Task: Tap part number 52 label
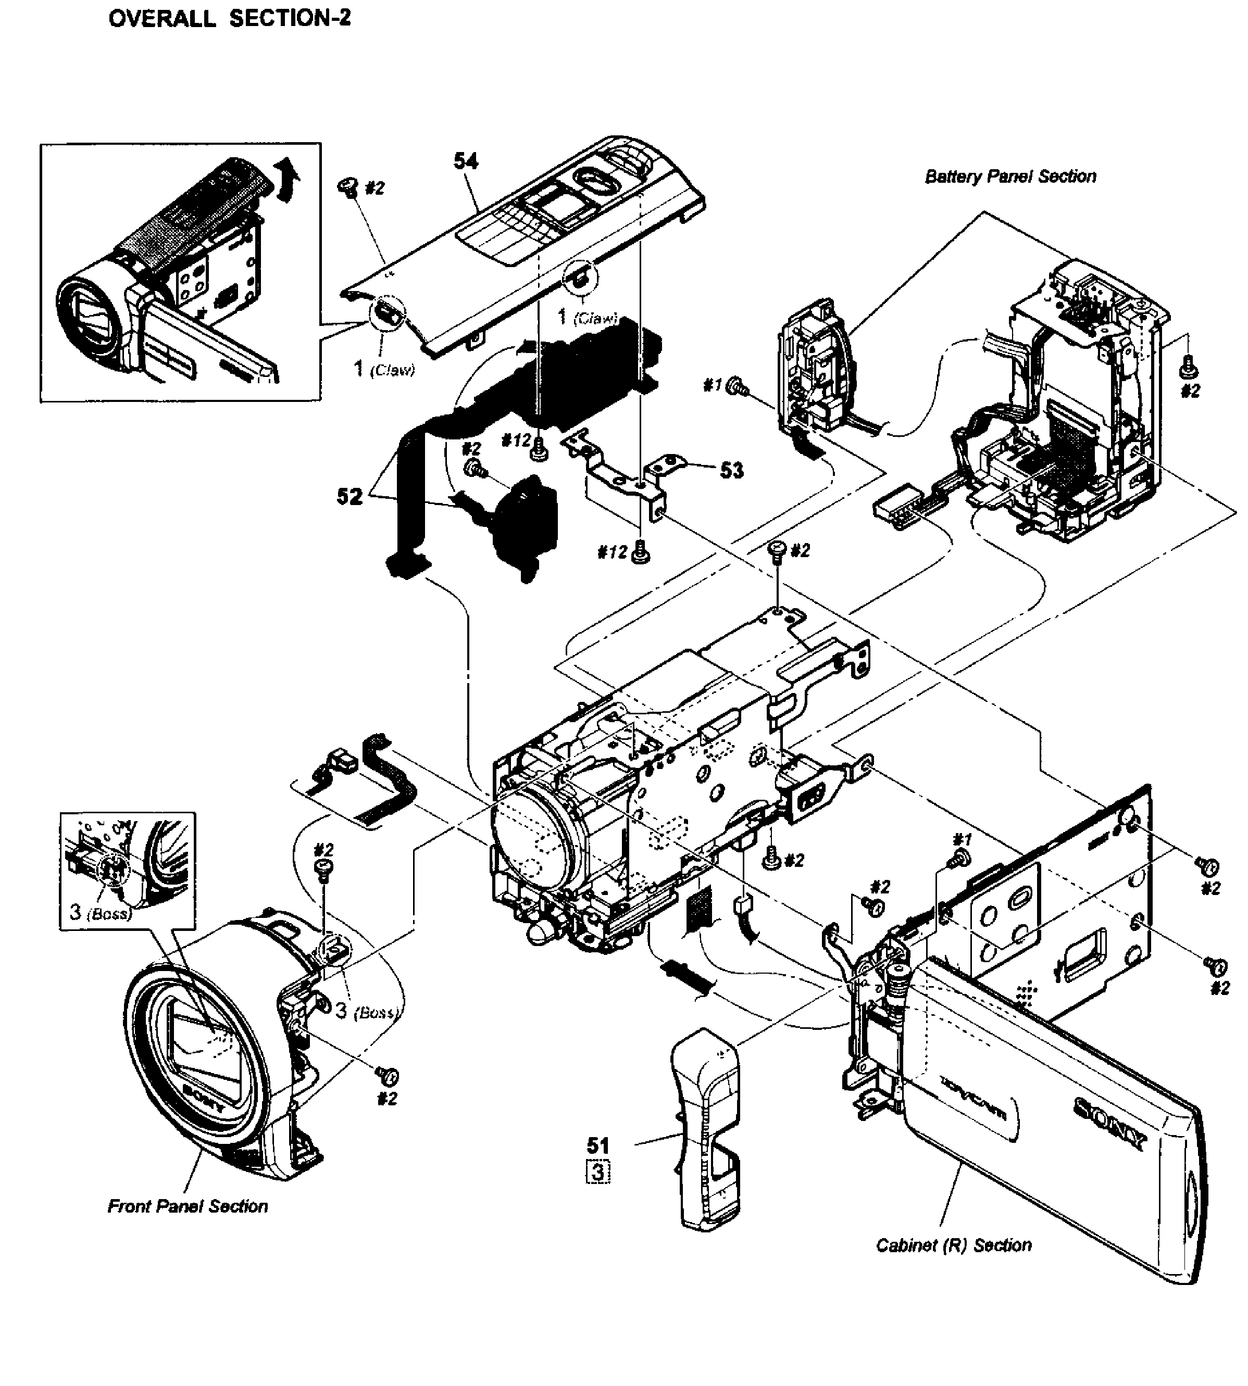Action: point(349,496)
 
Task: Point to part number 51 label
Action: point(598,1145)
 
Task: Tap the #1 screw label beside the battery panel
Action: point(713,386)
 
